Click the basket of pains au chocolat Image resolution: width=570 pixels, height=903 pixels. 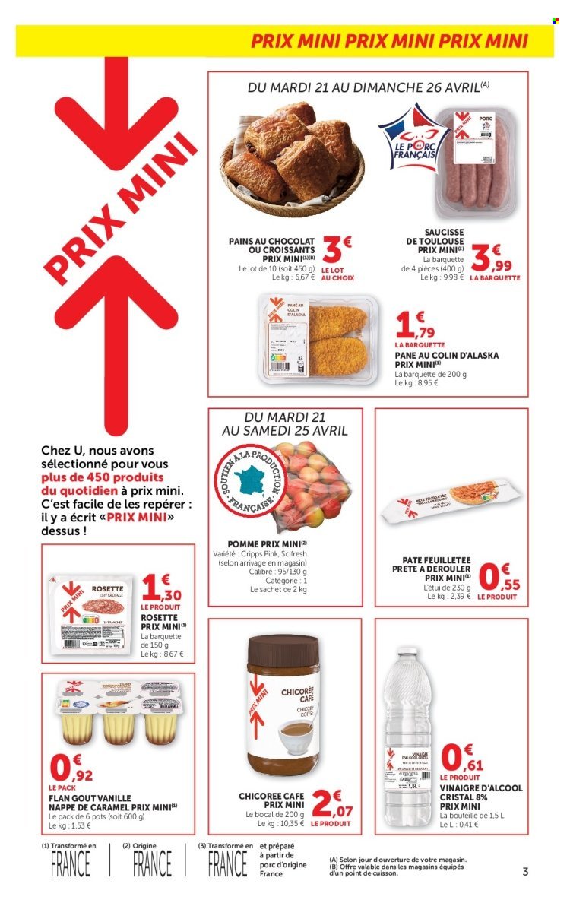tap(292, 156)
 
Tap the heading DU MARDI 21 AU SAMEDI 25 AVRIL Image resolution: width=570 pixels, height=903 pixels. tap(285, 423)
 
